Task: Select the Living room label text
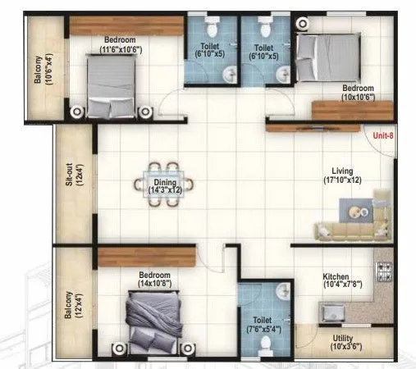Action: click(343, 171)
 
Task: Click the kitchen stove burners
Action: click(384, 270)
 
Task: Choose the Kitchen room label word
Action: click(336, 277)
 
